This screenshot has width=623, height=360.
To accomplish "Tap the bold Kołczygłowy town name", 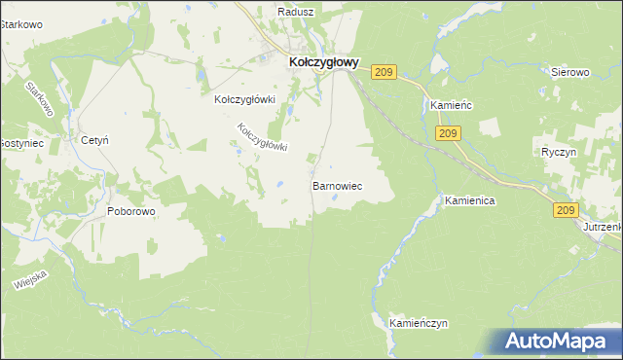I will [x=324, y=61].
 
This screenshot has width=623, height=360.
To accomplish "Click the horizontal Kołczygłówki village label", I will [x=246, y=99].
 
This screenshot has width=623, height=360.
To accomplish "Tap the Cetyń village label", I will [x=94, y=141].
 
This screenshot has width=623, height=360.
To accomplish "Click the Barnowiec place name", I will [x=337, y=184].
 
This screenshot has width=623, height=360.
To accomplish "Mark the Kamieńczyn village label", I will [x=418, y=322].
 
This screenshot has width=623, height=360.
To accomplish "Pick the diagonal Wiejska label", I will [x=31, y=277].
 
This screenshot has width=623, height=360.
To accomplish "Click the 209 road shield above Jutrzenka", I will [x=567, y=209].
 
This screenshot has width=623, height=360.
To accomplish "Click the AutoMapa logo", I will [x=558, y=341].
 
